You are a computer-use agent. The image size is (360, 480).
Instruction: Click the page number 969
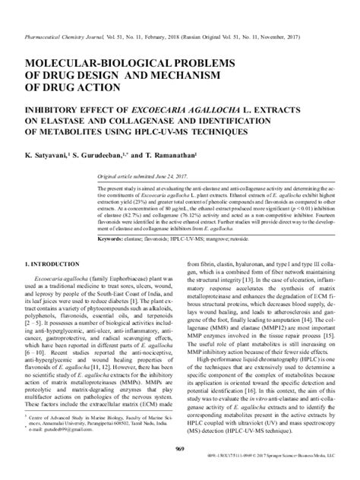(x=179, y=451)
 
